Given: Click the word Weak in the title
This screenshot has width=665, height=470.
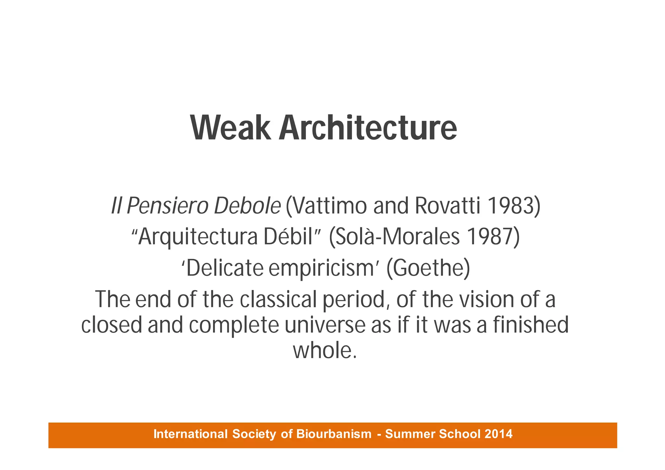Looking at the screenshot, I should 231,128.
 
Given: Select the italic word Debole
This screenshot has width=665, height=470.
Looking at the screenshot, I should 247,206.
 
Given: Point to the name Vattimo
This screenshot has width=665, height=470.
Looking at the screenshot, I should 328,206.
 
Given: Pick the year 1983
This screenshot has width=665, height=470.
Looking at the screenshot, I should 513,206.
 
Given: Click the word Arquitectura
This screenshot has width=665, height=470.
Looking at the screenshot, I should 198,237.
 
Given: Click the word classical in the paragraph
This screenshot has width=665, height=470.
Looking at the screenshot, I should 278,299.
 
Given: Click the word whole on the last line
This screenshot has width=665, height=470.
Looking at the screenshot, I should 321,351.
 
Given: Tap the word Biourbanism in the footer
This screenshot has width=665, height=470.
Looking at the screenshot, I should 334,434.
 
